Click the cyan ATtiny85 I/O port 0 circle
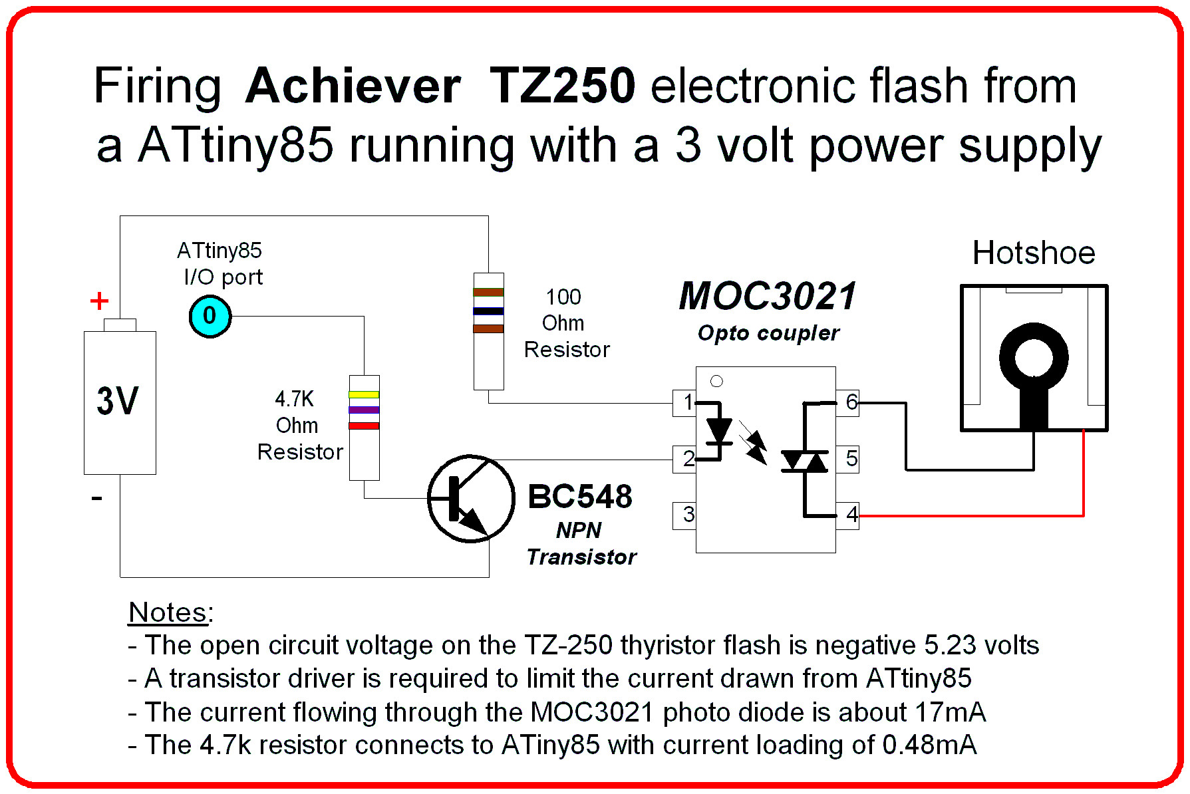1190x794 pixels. [210, 317]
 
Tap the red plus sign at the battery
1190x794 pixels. [99, 301]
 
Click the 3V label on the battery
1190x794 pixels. [118, 401]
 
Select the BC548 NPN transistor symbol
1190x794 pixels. [470, 498]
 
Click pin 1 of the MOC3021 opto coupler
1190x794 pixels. [685, 402]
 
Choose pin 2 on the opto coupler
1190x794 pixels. [685, 459]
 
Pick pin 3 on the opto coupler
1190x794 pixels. [685, 515]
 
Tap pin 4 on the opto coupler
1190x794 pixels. [849, 515]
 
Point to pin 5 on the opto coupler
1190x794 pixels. [849, 459]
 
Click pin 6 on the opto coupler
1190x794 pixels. [849, 402]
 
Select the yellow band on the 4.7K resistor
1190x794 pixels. [364, 395]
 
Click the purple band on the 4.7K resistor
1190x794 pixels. [364, 410]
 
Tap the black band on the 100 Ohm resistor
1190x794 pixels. [488, 311]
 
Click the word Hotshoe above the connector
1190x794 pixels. [1033, 253]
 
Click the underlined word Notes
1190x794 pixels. [168, 612]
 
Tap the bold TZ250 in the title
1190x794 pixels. [562, 86]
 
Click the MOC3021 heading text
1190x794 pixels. [768, 297]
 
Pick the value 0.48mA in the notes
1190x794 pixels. [929, 745]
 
